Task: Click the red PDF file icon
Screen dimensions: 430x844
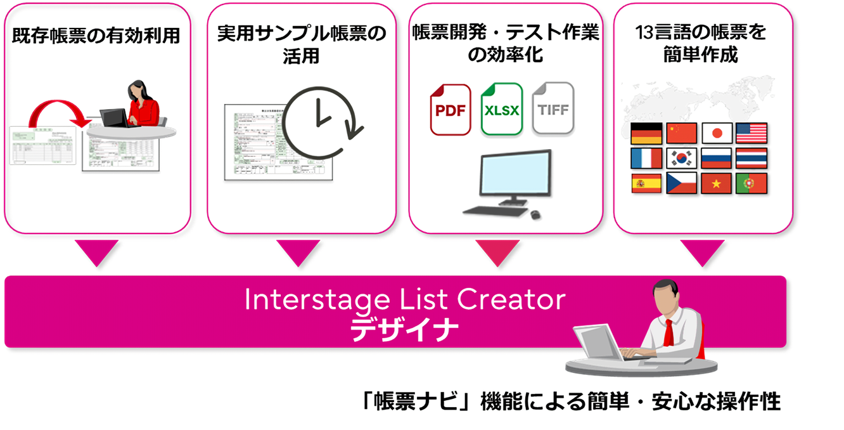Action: tap(451, 110)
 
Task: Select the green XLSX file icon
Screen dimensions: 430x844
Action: tap(501, 109)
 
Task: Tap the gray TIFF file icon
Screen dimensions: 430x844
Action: tap(553, 108)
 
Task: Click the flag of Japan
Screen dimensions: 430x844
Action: tap(717, 133)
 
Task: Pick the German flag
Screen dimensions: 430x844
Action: tap(646, 133)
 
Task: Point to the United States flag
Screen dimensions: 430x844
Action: tap(751, 133)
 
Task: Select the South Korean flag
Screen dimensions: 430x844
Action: tap(681, 158)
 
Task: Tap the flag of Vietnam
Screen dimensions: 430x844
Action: tap(717, 183)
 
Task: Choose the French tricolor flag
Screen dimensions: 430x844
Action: tap(646, 158)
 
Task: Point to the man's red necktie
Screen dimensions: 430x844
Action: tap(668, 332)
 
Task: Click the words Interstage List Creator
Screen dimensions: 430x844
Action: tap(404, 300)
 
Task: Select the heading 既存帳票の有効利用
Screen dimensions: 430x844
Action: tap(96, 36)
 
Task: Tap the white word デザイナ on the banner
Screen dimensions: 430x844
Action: tap(404, 329)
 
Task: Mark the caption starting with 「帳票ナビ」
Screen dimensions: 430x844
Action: tap(568, 401)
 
